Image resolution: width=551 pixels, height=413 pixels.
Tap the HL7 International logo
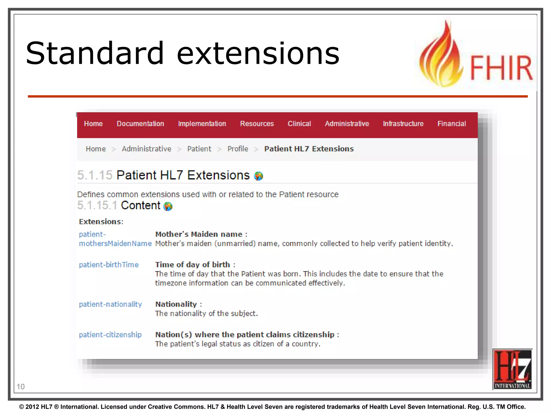tap(512, 369)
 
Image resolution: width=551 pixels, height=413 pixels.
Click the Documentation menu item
tap(140, 124)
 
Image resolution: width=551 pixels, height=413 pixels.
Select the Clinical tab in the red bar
tap(299, 124)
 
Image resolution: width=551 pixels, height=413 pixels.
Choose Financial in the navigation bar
tap(451, 124)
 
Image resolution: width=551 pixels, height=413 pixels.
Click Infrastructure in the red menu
tap(403, 124)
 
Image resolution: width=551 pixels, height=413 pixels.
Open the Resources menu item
tap(257, 124)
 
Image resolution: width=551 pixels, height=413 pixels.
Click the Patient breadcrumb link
tap(199, 149)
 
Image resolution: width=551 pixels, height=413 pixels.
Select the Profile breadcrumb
tap(238, 149)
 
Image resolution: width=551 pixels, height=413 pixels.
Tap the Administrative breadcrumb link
tap(146, 149)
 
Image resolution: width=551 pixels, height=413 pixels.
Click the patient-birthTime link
tap(109, 265)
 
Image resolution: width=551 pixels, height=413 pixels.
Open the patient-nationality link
tap(110, 304)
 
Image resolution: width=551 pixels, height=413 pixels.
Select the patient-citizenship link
tap(110, 335)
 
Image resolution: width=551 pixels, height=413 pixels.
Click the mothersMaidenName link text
tap(115, 244)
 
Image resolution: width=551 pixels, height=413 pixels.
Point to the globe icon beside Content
tap(168, 206)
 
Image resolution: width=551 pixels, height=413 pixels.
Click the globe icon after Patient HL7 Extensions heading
tap(259, 176)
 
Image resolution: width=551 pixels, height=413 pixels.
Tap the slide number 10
tap(21, 387)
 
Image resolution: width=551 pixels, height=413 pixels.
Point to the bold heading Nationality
tap(176, 304)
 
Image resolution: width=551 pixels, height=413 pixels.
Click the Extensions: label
tap(101, 222)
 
